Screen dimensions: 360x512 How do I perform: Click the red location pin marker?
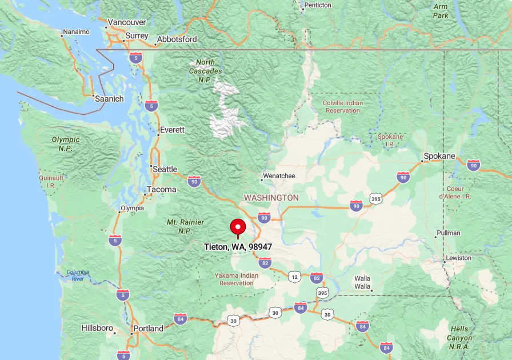[238, 227]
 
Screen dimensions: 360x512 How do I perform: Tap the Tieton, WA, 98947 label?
[238, 247]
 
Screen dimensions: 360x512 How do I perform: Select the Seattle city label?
[165, 169]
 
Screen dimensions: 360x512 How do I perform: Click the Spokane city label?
[439, 156]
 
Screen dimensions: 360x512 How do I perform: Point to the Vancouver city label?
[127, 22]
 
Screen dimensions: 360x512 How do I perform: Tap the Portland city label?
[148, 329]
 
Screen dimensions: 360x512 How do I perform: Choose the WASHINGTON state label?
[271, 198]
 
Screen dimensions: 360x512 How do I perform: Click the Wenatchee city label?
[279, 176]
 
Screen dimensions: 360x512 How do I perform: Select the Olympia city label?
[132, 208]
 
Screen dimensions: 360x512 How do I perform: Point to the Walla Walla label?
[362, 282]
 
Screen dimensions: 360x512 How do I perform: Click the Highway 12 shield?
[294, 277]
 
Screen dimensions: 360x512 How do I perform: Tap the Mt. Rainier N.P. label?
[179, 226]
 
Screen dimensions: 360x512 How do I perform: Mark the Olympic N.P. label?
[66, 143]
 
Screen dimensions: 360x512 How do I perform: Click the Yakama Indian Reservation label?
[236, 279]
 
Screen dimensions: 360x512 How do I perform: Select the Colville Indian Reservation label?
[343, 107]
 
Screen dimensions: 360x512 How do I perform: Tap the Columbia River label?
[78, 275]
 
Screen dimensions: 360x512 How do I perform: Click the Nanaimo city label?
[76, 32]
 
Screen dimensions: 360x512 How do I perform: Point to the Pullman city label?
[448, 233]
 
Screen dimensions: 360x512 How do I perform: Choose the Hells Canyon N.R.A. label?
[459, 338]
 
